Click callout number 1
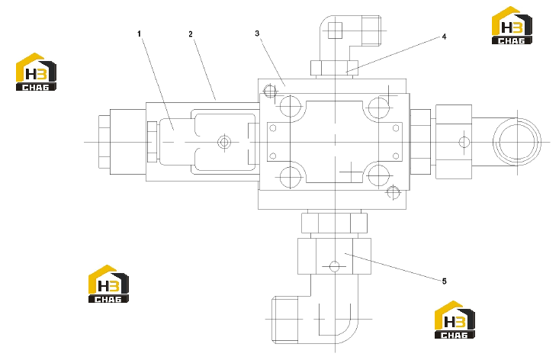coord(139,34)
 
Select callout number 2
coord(191,34)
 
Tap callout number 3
coord(257,34)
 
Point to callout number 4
coord(444,37)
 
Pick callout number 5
coord(444,281)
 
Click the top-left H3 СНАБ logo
coord(36,72)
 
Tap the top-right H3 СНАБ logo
coord(512,25)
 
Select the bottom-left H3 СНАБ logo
coord(108,284)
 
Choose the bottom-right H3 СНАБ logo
coord(455,320)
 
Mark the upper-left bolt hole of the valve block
coord(291,106)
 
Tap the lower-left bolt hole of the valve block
coord(291,177)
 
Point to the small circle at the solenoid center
coord(224,143)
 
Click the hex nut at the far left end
coord(104,142)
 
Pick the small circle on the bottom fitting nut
coord(334,266)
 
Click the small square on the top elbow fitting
coord(335,31)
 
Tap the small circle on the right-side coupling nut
coord(464,142)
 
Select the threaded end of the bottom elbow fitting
coord(285,320)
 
